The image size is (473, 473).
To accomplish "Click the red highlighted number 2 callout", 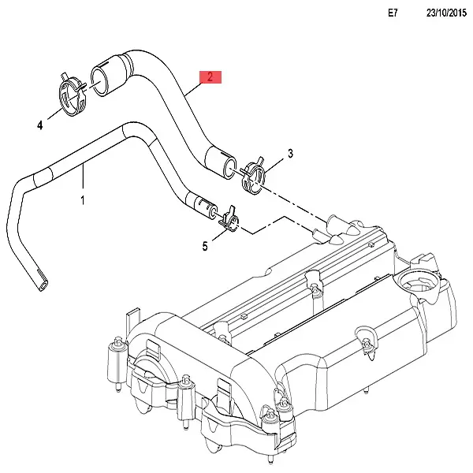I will click(210, 76).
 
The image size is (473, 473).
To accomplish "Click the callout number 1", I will click(83, 200).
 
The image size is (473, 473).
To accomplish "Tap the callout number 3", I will click(290, 153).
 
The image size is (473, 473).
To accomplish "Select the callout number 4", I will click(38, 125).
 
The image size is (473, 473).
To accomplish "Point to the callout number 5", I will click(205, 247).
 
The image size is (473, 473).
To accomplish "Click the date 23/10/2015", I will click(447, 13).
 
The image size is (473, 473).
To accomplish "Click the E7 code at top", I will click(394, 13).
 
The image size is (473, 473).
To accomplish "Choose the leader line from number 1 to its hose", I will click(84, 181).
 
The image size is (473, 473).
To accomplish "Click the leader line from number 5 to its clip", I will click(215, 236).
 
